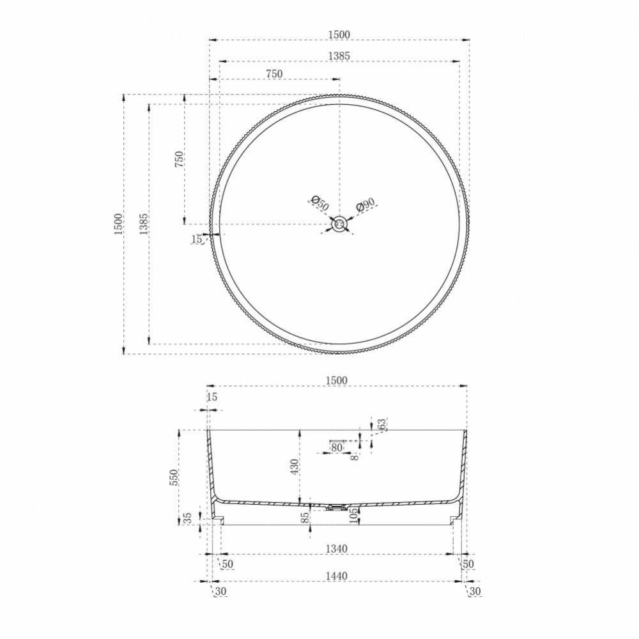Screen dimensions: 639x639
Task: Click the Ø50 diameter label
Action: tap(319, 203)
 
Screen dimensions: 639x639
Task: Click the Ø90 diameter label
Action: tap(365, 204)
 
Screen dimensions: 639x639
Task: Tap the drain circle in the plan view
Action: tap(339, 224)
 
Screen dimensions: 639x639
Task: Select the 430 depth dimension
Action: tap(294, 467)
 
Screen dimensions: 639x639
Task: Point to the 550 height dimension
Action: tap(174, 477)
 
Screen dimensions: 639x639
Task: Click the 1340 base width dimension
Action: tap(337, 548)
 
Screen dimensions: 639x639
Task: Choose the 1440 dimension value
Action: tap(337, 576)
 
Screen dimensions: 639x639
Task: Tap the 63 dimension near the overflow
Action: tap(381, 424)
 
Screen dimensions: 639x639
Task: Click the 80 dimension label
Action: tap(337, 447)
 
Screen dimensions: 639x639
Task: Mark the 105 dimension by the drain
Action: tap(353, 516)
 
